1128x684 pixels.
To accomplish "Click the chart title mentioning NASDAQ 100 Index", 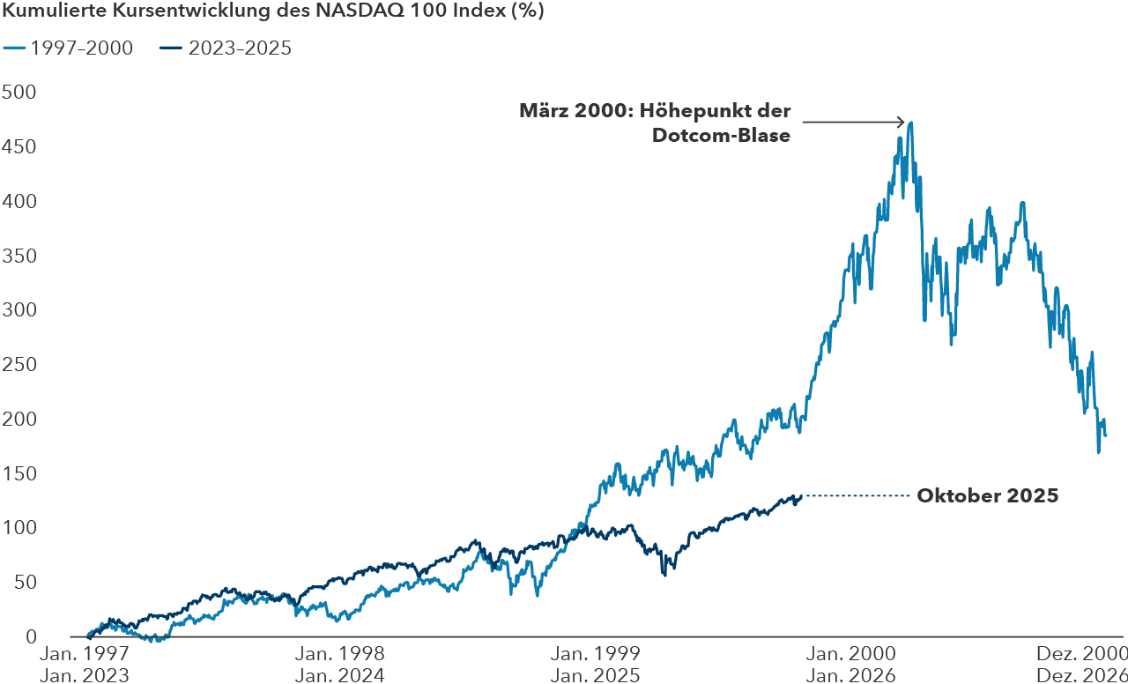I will (273, 12).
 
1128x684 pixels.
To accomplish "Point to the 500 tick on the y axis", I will (19, 93).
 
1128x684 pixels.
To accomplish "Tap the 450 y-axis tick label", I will (19, 147).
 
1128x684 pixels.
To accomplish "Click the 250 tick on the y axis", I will (19, 365).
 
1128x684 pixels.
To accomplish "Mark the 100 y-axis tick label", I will (19, 528).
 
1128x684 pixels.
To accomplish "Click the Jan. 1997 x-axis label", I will (84, 654).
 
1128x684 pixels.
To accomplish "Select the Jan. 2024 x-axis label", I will (340, 675).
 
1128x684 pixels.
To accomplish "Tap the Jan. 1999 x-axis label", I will (595, 654).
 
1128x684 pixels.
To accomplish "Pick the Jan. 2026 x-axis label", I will (850, 675).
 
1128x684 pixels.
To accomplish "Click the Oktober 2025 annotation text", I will (987, 496).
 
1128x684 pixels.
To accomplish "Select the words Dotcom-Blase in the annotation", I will (720, 135).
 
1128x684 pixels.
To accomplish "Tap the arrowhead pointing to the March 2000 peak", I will (901, 122).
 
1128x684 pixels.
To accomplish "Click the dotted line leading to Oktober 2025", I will (855, 496).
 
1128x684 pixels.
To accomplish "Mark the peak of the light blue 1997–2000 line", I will (910, 123).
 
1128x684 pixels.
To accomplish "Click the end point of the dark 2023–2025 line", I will (800, 497).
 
